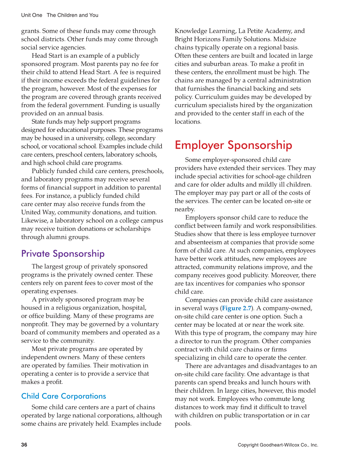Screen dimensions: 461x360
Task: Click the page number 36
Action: tap(24, 445)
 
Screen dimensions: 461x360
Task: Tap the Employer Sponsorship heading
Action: tap(233, 145)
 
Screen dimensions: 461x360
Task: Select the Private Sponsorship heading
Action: tap(63, 254)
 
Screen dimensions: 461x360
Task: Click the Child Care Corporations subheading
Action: tap(64, 396)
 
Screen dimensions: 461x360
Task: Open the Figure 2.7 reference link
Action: tap(237, 308)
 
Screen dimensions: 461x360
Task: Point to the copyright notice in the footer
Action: tap(278, 445)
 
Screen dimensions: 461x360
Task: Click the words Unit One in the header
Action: tap(32, 15)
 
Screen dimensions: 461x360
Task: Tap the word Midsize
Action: tap(285, 39)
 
